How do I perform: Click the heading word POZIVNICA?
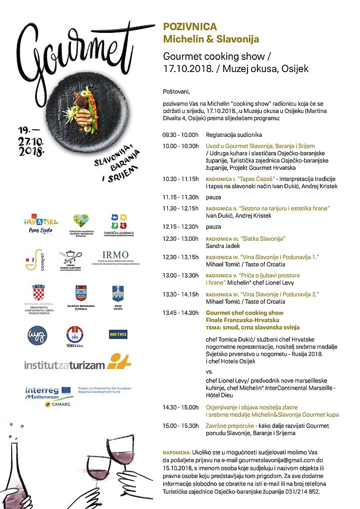pyautogui.click(x=190, y=27)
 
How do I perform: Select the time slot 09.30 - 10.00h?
pyautogui.click(x=180, y=135)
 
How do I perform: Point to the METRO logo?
pyautogui.click(x=118, y=334)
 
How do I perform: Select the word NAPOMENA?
pyautogui.click(x=176, y=452)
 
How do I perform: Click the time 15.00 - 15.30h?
pyautogui.click(x=180, y=426)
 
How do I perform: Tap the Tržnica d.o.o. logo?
pyautogui.click(x=76, y=337)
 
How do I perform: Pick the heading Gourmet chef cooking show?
pyautogui.click(x=244, y=313)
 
